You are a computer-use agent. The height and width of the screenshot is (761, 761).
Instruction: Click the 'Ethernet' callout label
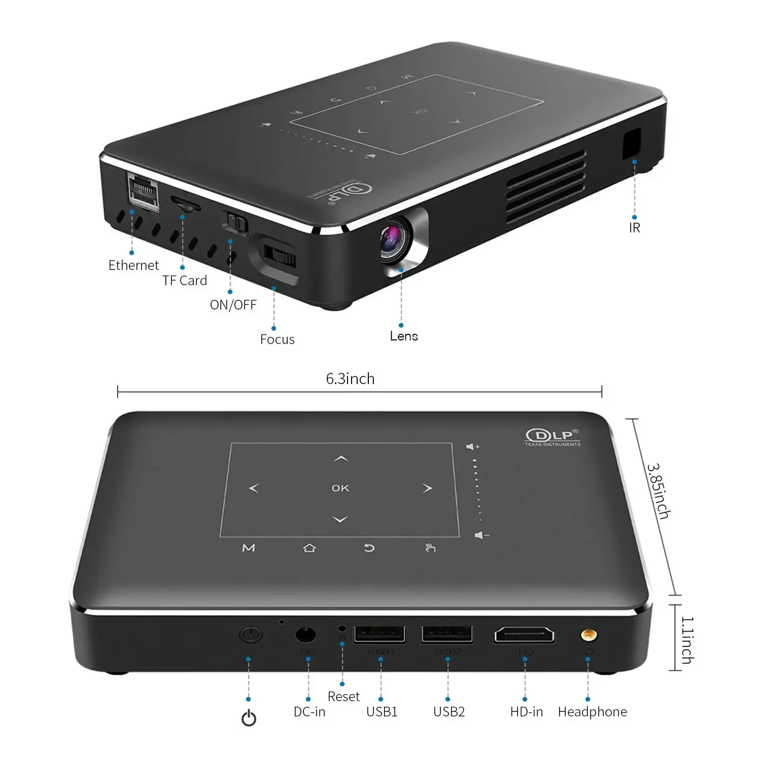(x=133, y=265)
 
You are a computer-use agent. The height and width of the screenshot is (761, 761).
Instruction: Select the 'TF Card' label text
(x=185, y=281)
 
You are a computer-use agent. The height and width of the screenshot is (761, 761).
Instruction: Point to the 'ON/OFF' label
(x=233, y=305)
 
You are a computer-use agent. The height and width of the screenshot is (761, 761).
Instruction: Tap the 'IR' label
(x=635, y=228)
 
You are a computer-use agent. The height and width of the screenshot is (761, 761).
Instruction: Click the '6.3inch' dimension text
(x=350, y=379)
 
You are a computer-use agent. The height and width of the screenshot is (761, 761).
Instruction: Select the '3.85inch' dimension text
(x=658, y=491)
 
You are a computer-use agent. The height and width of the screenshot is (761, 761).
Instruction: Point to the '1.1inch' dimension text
(x=687, y=640)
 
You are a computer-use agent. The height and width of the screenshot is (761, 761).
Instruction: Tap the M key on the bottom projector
(x=249, y=548)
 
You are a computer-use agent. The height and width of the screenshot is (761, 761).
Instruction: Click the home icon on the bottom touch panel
(x=309, y=548)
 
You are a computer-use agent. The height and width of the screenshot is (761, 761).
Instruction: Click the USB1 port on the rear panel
(x=379, y=634)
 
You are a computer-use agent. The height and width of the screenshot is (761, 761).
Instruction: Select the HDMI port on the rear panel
(x=524, y=635)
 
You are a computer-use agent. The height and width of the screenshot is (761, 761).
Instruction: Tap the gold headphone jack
(x=589, y=635)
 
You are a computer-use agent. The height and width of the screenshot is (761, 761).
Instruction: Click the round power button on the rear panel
(x=250, y=635)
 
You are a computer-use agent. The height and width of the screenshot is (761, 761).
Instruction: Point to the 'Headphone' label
(x=592, y=712)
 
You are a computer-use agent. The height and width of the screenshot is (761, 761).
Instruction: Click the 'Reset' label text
(x=343, y=697)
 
